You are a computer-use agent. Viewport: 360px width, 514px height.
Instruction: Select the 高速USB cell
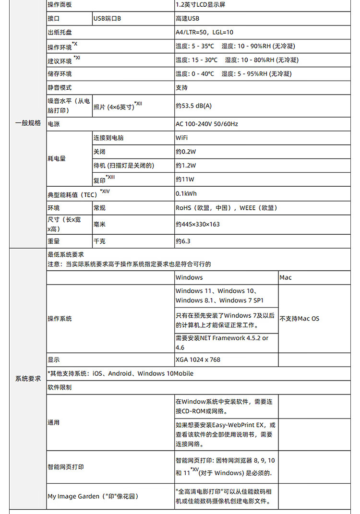[187, 19]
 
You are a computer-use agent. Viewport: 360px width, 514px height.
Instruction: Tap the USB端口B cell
[107, 19]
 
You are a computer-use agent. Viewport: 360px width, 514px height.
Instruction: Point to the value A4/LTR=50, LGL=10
[204, 33]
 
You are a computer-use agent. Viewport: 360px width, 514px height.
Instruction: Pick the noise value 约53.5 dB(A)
[193, 106]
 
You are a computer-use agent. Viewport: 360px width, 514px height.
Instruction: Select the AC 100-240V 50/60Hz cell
[207, 124]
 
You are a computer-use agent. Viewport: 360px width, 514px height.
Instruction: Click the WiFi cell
[182, 138]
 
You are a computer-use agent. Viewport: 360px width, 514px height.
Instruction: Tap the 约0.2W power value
[186, 152]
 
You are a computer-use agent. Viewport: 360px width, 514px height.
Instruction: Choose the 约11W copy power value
[185, 179]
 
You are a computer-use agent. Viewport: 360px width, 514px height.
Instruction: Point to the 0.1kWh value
[186, 194]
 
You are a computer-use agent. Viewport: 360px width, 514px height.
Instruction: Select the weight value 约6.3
[183, 241]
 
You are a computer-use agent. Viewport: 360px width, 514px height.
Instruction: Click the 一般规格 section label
[28, 123]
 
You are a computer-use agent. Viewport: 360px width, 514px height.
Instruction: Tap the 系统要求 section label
[28, 379]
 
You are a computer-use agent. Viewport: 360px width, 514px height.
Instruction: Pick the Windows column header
[189, 278]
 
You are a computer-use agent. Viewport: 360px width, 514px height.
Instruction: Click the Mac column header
[286, 278]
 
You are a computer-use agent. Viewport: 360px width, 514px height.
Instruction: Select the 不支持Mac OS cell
[300, 319]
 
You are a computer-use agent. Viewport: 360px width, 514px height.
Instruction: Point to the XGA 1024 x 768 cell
[198, 360]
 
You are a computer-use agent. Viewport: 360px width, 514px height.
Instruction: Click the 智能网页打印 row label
[65, 467]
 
